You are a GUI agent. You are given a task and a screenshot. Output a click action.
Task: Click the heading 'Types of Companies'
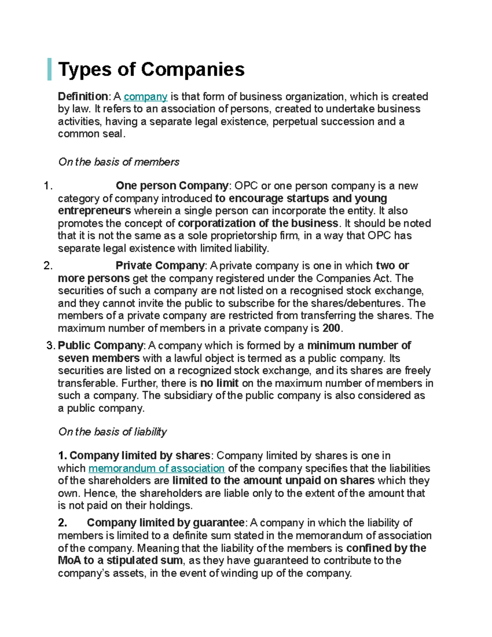(151, 69)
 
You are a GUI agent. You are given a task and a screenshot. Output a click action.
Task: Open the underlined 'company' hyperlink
(146, 97)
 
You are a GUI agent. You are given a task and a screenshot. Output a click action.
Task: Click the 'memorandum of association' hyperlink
(156, 468)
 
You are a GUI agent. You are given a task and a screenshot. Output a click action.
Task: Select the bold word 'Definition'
(83, 97)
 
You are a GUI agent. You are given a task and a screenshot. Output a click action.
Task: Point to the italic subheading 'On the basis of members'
(119, 162)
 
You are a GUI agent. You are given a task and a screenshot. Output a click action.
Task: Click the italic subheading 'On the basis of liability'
(112, 432)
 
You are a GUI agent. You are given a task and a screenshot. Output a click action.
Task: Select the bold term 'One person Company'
(172, 186)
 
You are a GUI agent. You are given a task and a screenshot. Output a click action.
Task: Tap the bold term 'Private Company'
(160, 266)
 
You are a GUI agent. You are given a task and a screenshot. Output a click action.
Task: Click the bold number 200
(331, 329)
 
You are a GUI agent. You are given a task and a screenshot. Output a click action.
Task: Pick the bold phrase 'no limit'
(219, 384)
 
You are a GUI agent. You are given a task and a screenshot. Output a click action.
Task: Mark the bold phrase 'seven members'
(99, 358)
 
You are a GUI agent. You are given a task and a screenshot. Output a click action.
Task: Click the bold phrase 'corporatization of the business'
(258, 224)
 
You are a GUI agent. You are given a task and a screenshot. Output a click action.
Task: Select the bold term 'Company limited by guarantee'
(166, 523)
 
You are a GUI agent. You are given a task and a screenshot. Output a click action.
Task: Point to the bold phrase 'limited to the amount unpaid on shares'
(273, 481)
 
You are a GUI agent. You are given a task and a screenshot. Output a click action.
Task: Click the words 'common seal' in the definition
(90, 134)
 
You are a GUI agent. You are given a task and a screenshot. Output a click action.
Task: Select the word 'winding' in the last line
(237, 573)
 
